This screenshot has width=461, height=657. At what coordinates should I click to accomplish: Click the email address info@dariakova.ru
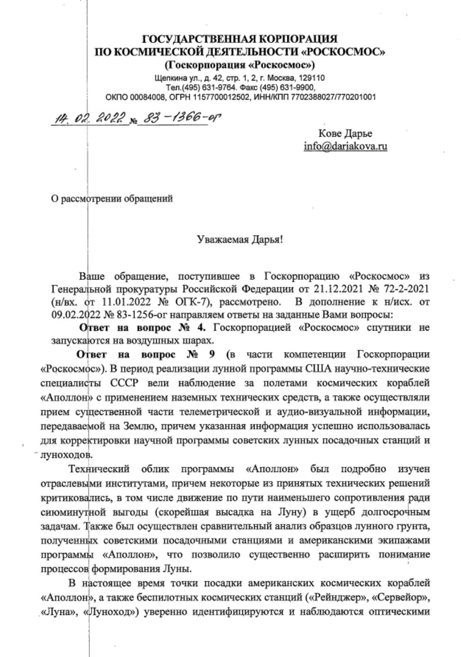coord(346,146)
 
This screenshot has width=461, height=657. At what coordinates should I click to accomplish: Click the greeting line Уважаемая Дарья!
coord(240,239)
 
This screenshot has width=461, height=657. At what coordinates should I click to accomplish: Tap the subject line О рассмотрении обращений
coord(112,199)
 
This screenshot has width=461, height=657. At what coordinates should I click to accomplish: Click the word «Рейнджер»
coord(339,599)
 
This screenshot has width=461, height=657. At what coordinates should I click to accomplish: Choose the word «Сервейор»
coord(401,599)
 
